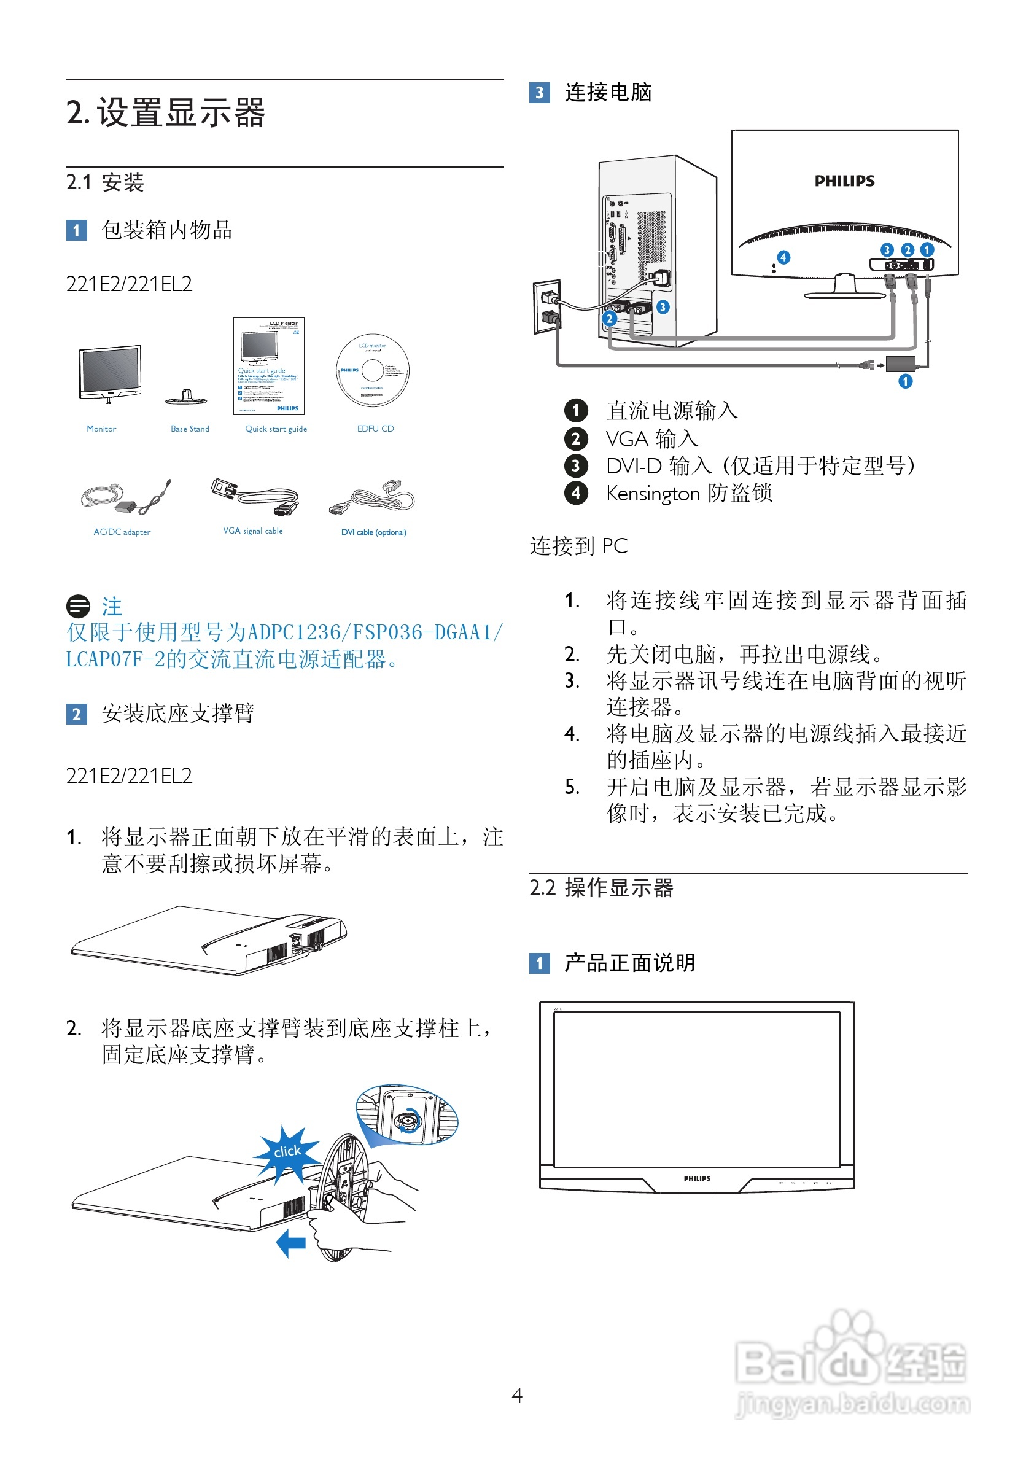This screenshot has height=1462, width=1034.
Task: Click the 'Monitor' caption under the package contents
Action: [101, 429]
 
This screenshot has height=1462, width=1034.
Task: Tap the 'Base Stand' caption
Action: [190, 429]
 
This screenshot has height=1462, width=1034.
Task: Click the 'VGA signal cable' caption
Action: [253, 531]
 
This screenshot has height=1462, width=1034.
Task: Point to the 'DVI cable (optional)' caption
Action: [374, 532]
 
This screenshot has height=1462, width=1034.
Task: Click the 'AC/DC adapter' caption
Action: [122, 532]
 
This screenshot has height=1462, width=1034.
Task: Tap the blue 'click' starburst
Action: [287, 1151]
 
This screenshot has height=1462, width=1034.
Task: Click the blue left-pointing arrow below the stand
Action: [291, 1243]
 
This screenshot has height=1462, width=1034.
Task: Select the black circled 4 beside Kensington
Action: [575, 492]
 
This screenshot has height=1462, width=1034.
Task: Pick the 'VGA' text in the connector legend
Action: [627, 439]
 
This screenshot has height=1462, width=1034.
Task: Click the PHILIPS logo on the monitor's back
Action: [844, 181]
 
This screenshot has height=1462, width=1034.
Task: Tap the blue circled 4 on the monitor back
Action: [783, 257]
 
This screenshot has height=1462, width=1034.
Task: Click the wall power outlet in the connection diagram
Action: [547, 307]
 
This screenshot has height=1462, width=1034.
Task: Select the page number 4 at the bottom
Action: [517, 1395]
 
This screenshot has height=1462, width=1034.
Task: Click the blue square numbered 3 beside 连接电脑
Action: [539, 92]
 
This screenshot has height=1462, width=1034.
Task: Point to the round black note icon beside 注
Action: [79, 605]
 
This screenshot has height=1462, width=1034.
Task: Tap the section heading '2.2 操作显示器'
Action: [601, 887]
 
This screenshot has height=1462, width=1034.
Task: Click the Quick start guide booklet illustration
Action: [269, 366]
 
